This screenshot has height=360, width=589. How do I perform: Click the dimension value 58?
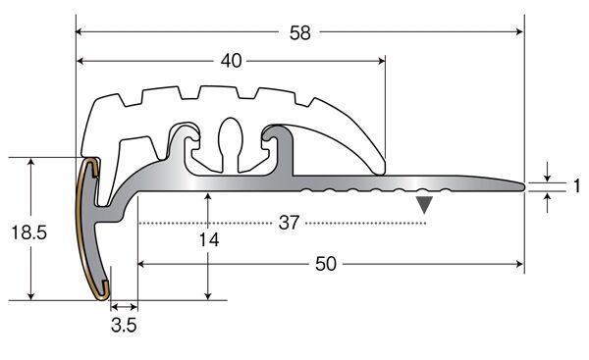[300, 32]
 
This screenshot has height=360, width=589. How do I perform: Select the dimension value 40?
[231, 61]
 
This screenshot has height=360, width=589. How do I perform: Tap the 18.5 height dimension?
[28, 232]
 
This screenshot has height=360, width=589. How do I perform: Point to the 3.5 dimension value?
[124, 325]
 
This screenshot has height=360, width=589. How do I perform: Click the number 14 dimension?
[209, 240]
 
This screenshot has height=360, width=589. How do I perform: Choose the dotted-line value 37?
[289, 223]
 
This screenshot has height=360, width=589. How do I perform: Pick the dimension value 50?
[326, 264]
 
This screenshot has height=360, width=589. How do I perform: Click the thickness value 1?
[576, 186]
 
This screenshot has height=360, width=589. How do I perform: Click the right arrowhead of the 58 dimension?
[519, 31]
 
